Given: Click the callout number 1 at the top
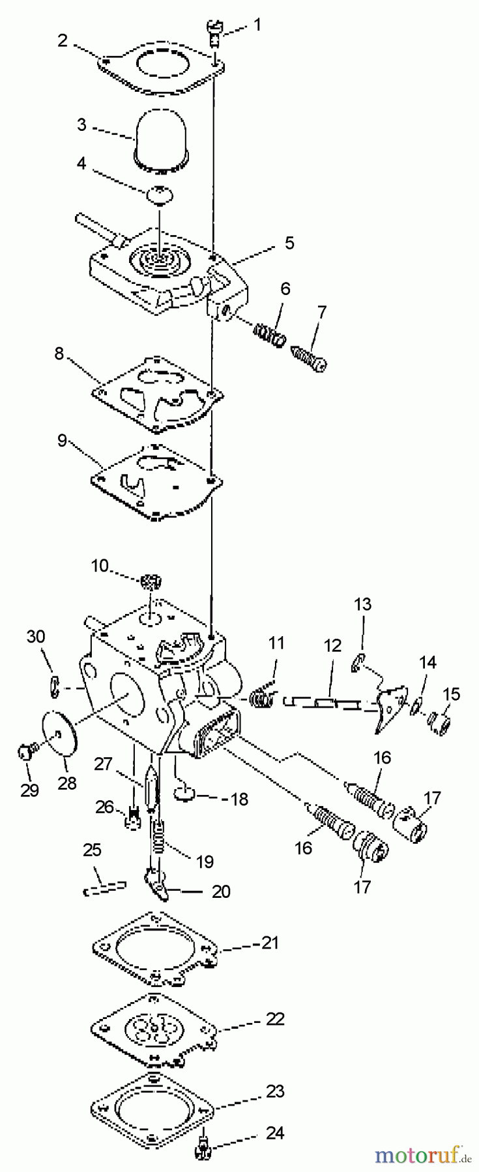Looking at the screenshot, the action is [257, 25].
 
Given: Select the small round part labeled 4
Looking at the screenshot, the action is [160, 193].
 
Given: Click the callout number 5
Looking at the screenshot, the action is [289, 243].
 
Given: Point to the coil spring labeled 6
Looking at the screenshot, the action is [268, 335].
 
